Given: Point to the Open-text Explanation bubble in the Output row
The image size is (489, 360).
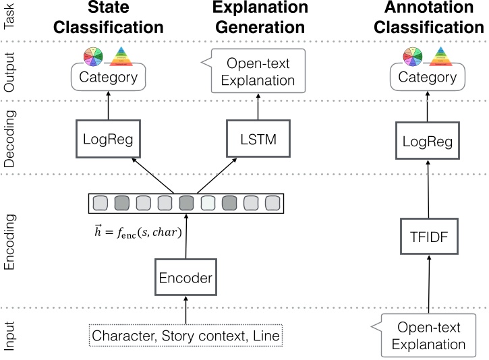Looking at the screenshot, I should pyautogui.click(x=260, y=72).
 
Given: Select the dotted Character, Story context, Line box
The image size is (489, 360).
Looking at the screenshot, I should pyautogui.click(x=185, y=335).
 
